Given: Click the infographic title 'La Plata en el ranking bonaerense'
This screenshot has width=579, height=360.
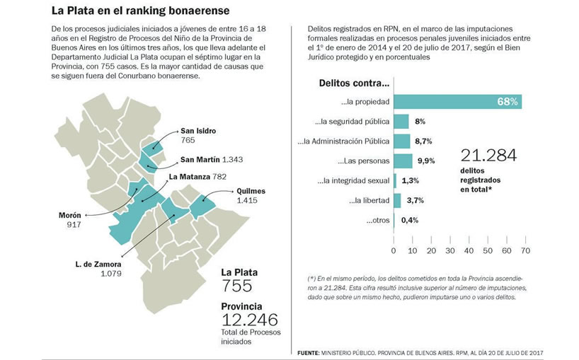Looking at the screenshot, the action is (x=140, y=11).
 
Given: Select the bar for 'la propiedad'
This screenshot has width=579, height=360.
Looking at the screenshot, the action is (x=457, y=101).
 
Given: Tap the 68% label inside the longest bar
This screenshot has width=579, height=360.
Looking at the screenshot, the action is (x=508, y=102).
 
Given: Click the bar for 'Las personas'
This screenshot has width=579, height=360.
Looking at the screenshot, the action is (x=403, y=161).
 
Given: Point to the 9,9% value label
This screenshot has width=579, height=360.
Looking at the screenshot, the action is (x=426, y=161).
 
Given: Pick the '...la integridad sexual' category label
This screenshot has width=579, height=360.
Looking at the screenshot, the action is (x=353, y=181).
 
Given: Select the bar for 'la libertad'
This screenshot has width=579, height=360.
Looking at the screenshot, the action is (x=397, y=201).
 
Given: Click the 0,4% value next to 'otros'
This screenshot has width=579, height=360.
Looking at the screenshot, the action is (x=410, y=220).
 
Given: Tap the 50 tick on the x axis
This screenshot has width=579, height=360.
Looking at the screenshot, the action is (x=488, y=251).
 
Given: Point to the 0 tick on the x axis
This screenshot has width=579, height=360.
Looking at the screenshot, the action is (x=394, y=251).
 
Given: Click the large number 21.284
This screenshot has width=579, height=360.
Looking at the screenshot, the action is (x=488, y=156).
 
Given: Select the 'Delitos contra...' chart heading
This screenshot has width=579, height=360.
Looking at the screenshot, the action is (x=354, y=83).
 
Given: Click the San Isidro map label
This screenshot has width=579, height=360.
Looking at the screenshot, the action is (x=198, y=131).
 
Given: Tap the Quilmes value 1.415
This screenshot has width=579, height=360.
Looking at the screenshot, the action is (x=247, y=201).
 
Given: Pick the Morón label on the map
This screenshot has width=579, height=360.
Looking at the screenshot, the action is (x=70, y=216).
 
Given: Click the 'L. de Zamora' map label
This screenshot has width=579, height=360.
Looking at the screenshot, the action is (x=98, y=264).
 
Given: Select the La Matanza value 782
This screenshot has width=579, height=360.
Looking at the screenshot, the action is (x=219, y=177).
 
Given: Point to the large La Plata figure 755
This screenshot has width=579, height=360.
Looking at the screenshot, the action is (x=236, y=286).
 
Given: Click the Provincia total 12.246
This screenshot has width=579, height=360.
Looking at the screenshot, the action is (x=250, y=320).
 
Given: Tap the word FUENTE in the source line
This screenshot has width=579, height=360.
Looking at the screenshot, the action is (x=309, y=353).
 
